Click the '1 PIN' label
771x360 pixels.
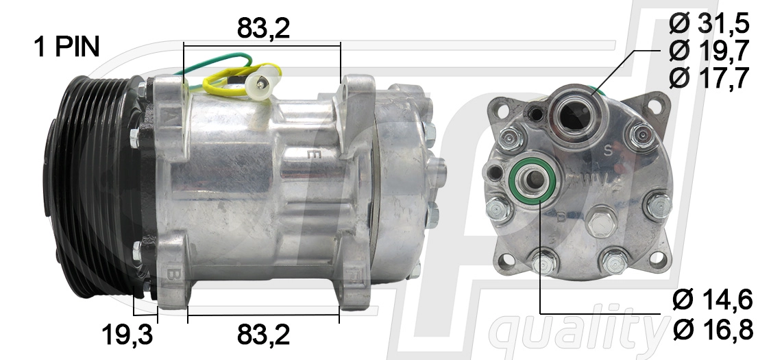coord(67,47)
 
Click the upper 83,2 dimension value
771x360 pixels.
coord(264,28)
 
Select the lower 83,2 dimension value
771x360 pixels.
coord(264,335)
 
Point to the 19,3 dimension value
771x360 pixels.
coord(127,335)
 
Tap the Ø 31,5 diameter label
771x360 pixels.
coord(709,23)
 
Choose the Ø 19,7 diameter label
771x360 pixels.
coord(709,51)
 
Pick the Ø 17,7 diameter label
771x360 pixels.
coord(709,77)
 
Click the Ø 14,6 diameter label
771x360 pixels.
coord(713,300)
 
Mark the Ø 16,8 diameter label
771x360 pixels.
coord(713,330)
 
